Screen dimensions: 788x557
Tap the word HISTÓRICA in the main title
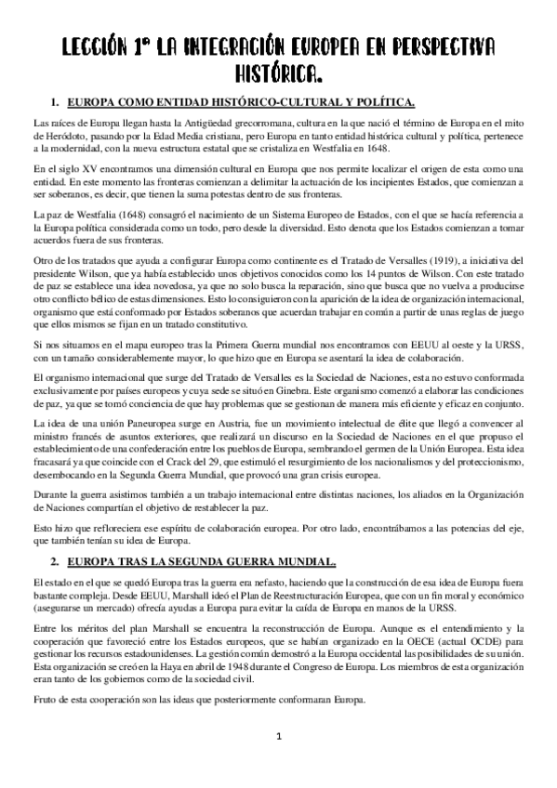(278, 72)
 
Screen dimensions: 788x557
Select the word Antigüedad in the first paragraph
(196, 122)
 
